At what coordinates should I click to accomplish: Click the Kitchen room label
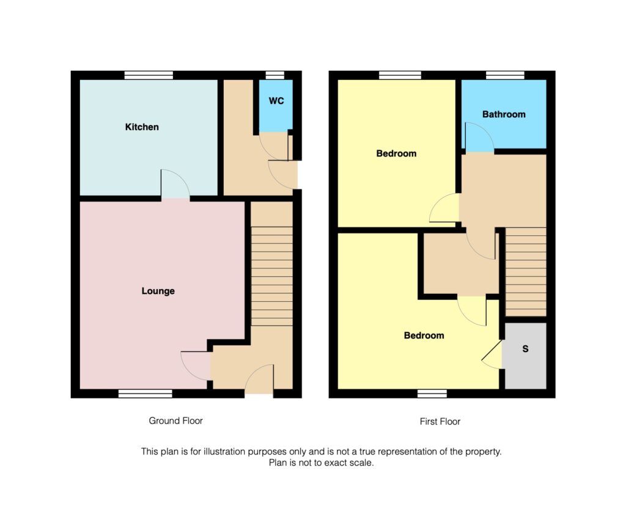pyautogui.click(x=142, y=127)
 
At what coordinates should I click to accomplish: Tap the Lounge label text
pyautogui.click(x=158, y=291)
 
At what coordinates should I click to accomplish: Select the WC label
pyautogui.click(x=276, y=101)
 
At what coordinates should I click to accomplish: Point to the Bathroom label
pyautogui.click(x=504, y=114)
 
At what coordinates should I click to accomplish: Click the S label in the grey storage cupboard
pyautogui.click(x=525, y=349)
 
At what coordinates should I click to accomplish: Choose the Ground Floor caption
pyautogui.click(x=175, y=421)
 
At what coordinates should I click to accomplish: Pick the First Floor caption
pyautogui.click(x=440, y=422)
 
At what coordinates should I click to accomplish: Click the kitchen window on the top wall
pyautogui.click(x=149, y=75)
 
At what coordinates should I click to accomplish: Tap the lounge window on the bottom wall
pyautogui.click(x=145, y=394)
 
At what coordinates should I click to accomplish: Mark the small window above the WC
pyautogui.click(x=275, y=75)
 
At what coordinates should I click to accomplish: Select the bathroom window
pyautogui.click(x=505, y=75)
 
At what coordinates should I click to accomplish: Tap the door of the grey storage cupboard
pyautogui.click(x=493, y=355)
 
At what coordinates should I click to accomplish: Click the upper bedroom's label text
pyautogui.click(x=396, y=153)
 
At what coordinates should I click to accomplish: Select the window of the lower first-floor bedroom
pyautogui.click(x=432, y=394)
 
